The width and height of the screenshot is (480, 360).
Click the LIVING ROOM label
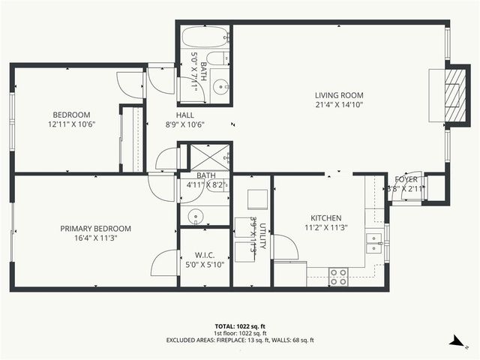339,95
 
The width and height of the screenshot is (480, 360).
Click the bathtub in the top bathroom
204,36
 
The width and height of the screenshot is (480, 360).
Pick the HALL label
184,115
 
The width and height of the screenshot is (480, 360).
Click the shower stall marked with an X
209,157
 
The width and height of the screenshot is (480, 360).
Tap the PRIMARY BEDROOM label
95,229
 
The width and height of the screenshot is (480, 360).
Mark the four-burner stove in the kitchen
338,277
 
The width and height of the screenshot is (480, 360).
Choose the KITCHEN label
327,218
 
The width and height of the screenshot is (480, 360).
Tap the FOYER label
406,179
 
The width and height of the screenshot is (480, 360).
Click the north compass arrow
455,342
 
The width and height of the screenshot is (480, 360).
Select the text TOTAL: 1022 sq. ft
240,326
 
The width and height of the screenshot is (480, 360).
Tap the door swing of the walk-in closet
163,262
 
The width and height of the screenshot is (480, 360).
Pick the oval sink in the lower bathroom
195,216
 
